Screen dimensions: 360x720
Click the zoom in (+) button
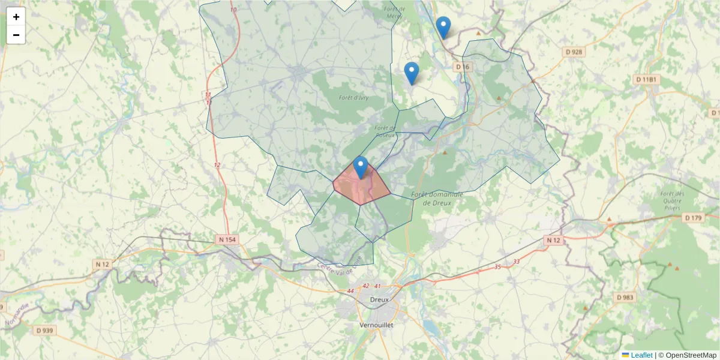pyautogui.click(x=16, y=17)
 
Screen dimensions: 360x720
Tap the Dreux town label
pyautogui.click(x=379, y=299)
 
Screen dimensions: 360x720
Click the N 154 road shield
pyautogui.click(x=227, y=240)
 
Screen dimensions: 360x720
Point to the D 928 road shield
pyautogui.click(x=574, y=52)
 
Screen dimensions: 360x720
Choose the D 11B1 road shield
pyautogui.click(x=647, y=79)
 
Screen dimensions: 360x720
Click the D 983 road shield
pyautogui.click(x=625, y=298)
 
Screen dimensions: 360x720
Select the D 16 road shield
pyautogui.click(x=461, y=67)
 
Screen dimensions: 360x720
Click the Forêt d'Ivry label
pyautogui.click(x=353, y=98)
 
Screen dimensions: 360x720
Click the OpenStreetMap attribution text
pyautogui.click(x=691, y=355)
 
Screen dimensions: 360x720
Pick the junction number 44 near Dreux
pyautogui.click(x=350, y=291)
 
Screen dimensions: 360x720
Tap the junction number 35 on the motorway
pyautogui.click(x=497, y=266)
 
